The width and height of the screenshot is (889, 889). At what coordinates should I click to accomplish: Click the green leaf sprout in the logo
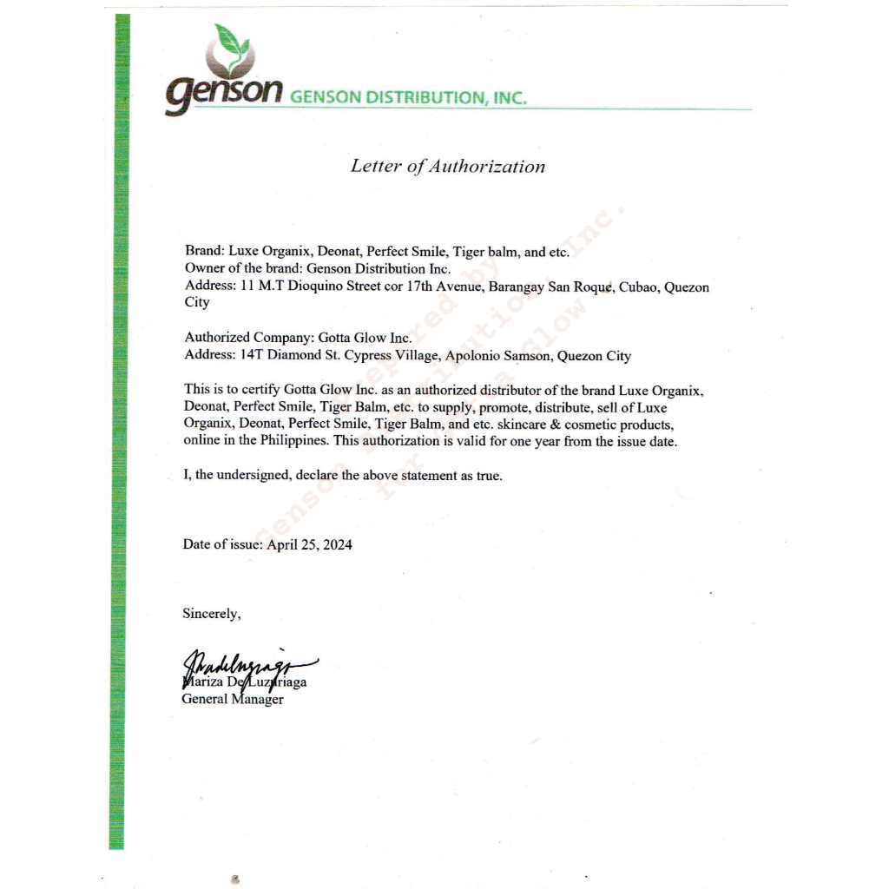coord(231,41)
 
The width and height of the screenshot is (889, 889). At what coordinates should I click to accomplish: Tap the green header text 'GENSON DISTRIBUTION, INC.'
coord(408,97)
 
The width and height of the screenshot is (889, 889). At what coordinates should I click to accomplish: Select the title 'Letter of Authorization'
coord(447,166)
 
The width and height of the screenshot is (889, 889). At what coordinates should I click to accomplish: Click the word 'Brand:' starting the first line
coord(204,252)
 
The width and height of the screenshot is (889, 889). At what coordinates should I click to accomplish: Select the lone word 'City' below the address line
coord(197,303)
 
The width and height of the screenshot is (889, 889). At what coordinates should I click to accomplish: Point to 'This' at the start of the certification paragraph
coord(197,390)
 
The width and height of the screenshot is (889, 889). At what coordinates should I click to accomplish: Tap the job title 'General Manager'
coord(232,699)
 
